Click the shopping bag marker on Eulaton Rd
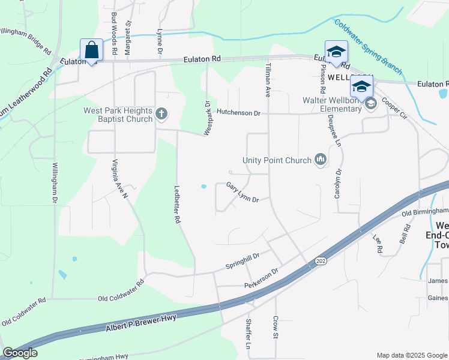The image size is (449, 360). [x=91, y=50]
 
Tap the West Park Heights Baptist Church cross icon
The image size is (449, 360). [x=161, y=113]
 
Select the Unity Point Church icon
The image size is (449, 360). [x=321, y=160]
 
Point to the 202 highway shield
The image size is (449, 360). [x=319, y=261]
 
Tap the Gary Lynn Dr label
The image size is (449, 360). [x=243, y=193]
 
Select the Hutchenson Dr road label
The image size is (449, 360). [x=238, y=112]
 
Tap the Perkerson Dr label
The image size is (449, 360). [x=262, y=278]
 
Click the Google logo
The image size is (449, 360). [x=20, y=353]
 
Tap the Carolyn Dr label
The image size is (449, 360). [x=338, y=184]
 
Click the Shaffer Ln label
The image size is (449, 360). [x=248, y=334]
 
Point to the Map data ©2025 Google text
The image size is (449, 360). [x=411, y=355]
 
